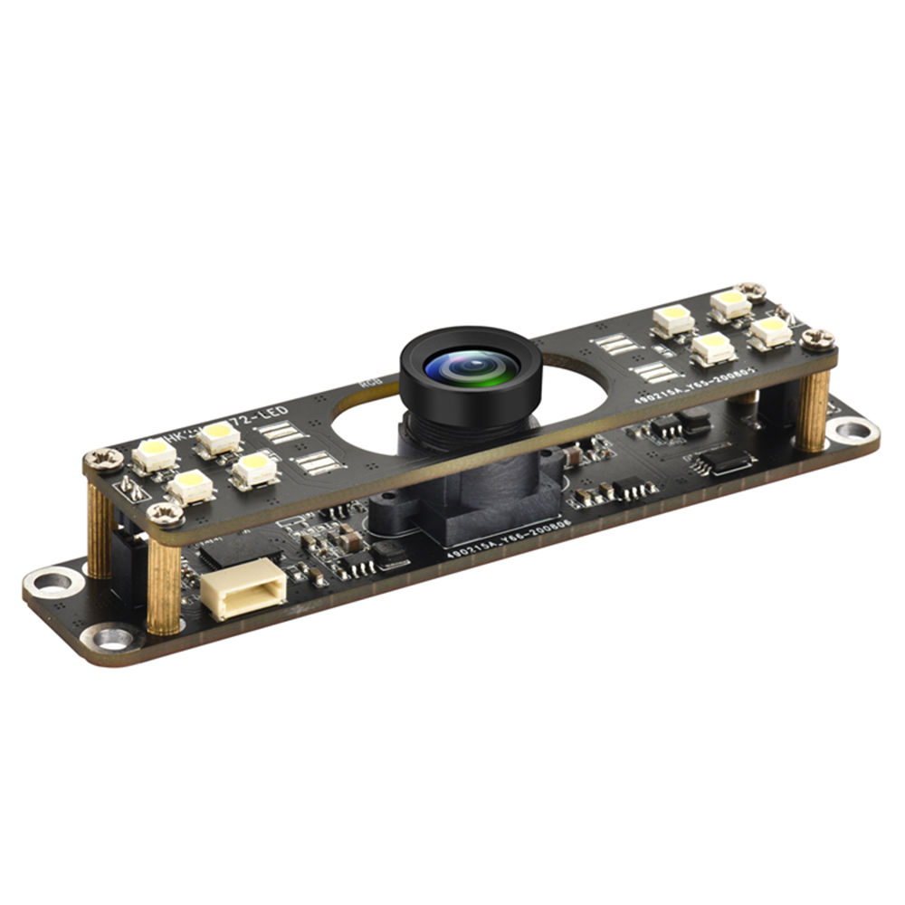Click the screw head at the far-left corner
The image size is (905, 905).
point(104,460)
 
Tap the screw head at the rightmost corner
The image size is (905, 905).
point(818,339)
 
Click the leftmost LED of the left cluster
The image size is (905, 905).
point(155,453)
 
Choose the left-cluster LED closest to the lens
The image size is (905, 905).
point(255,468)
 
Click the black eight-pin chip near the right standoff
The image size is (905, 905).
point(721,462)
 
